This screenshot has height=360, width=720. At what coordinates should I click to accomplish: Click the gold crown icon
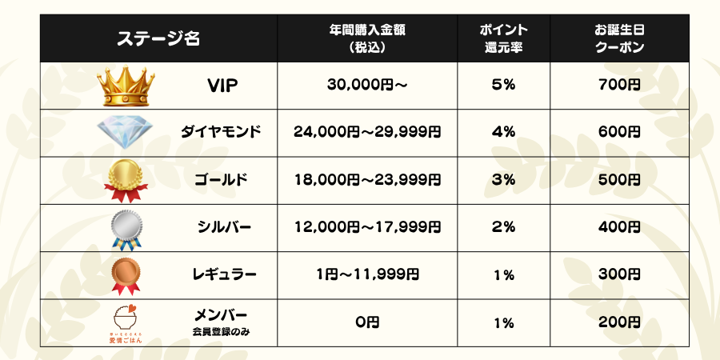126,85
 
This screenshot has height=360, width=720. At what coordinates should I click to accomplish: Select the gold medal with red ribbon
126,180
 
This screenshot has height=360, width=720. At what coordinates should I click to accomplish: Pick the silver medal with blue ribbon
126,228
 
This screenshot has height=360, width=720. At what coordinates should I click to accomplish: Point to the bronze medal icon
126,274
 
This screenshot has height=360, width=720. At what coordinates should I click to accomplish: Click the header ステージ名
158,38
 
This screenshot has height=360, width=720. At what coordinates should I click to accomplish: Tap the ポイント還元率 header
503,38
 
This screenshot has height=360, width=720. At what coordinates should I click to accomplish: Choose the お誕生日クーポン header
619,38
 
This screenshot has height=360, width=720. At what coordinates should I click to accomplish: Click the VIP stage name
222,85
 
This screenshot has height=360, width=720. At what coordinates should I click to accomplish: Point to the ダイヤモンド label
222,132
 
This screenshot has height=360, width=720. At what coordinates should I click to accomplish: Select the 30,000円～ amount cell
367,85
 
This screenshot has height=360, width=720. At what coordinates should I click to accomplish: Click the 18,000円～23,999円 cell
367,180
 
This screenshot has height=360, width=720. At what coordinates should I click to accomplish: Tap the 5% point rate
503,85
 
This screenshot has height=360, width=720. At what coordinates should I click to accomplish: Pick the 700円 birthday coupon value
619,85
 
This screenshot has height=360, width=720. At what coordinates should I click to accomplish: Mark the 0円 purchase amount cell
367,322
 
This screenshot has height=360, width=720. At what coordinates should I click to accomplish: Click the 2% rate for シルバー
503,228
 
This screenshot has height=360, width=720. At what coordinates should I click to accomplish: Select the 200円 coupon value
619,322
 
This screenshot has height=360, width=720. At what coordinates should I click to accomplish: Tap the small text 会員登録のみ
221,331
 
